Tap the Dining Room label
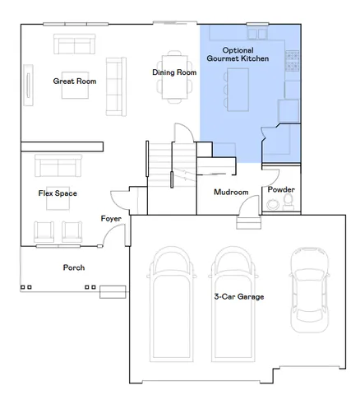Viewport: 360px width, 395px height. (x=174, y=72)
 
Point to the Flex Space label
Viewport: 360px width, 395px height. (x=58, y=193)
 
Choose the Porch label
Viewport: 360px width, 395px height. (x=74, y=267)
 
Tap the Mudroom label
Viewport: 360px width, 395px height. (x=231, y=192)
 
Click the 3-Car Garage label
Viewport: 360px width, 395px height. (x=238, y=296)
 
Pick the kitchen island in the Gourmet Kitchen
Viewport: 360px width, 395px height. (x=237, y=88)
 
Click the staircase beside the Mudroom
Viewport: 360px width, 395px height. (x=160, y=160)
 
